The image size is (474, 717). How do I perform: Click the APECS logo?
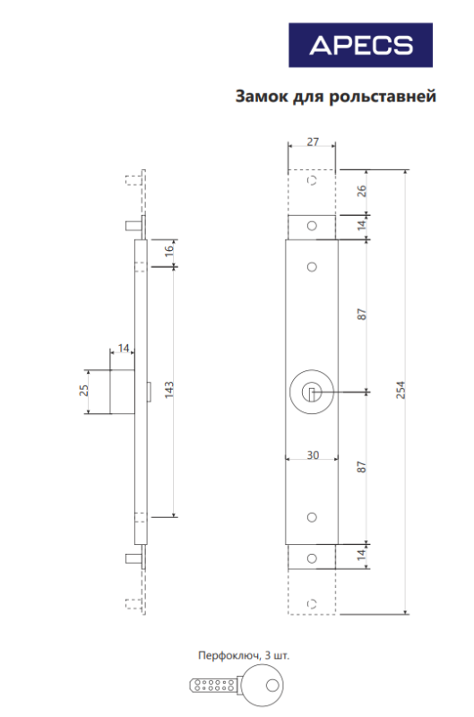[x=360, y=45]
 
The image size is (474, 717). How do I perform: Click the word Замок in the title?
[x=261, y=96]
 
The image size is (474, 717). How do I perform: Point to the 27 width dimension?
[x=311, y=142]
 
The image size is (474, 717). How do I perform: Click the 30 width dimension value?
[x=312, y=454]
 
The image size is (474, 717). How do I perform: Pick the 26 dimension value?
[x=361, y=191]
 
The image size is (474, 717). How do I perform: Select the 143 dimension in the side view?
[x=168, y=388]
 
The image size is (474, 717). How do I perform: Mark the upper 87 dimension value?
[x=361, y=315]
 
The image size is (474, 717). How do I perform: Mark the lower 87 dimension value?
[x=361, y=466]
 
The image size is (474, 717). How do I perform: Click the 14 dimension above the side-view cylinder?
[x=124, y=348]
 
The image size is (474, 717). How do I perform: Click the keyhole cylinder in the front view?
[x=312, y=391]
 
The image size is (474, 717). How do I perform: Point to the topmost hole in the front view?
[x=312, y=182]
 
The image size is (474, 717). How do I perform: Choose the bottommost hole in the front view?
[x=312, y=601]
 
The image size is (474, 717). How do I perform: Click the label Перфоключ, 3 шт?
[x=243, y=655]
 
